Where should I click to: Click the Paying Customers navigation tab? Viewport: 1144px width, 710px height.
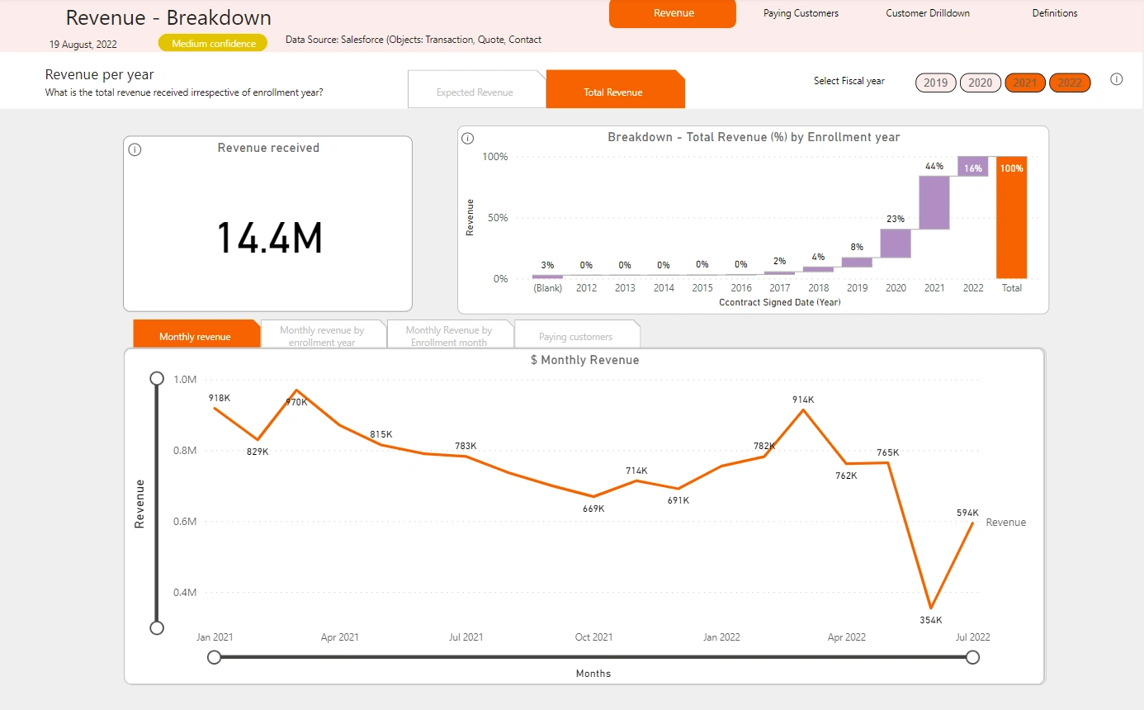801,13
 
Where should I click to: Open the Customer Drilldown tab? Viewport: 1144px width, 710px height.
928,13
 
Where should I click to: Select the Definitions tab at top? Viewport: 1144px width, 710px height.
1054,13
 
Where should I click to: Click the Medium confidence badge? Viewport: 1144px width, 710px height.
214,43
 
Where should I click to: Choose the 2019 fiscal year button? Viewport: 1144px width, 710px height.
935,83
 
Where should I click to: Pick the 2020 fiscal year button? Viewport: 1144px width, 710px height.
980,83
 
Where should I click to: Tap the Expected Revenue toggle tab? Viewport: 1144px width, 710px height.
475,92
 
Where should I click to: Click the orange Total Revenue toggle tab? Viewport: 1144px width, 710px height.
613,92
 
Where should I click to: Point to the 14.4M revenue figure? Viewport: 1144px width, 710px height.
269,238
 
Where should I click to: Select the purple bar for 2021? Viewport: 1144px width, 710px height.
934,202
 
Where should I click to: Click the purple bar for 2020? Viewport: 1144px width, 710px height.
896,243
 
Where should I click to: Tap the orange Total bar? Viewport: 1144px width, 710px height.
1011,217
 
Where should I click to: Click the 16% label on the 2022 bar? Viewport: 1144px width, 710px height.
973,168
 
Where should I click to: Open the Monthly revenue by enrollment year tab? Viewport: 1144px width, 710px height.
322,336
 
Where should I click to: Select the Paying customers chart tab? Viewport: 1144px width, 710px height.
575,337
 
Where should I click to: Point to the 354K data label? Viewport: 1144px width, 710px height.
931,620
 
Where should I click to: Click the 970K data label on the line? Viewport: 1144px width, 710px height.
296,402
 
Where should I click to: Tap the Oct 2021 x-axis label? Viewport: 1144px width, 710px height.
593,637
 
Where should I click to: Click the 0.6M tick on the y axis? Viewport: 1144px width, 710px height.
185,522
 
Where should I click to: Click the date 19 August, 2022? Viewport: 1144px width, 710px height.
83,45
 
